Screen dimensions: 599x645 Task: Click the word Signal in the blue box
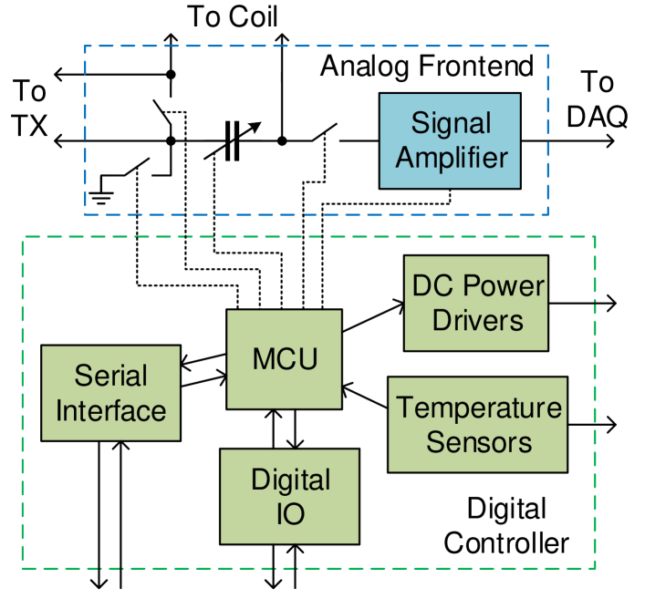(x=451, y=123)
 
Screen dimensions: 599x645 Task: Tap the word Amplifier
(x=451, y=157)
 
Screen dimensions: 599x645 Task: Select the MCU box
(x=284, y=359)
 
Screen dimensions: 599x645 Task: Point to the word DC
(x=431, y=286)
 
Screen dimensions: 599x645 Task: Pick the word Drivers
(x=477, y=320)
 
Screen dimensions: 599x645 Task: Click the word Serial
(x=110, y=376)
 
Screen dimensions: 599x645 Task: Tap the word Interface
(x=110, y=410)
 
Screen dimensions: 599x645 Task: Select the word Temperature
(x=478, y=408)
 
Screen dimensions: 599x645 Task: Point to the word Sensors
(x=478, y=442)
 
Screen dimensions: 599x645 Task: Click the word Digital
(x=290, y=480)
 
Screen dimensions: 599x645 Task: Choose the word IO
(x=290, y=514)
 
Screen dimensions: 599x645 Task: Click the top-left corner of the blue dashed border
(x=85, y=46)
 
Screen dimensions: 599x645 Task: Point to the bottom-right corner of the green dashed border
(x=595, y=568)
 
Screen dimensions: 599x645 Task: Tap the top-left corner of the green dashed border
(x=22, y=237)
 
